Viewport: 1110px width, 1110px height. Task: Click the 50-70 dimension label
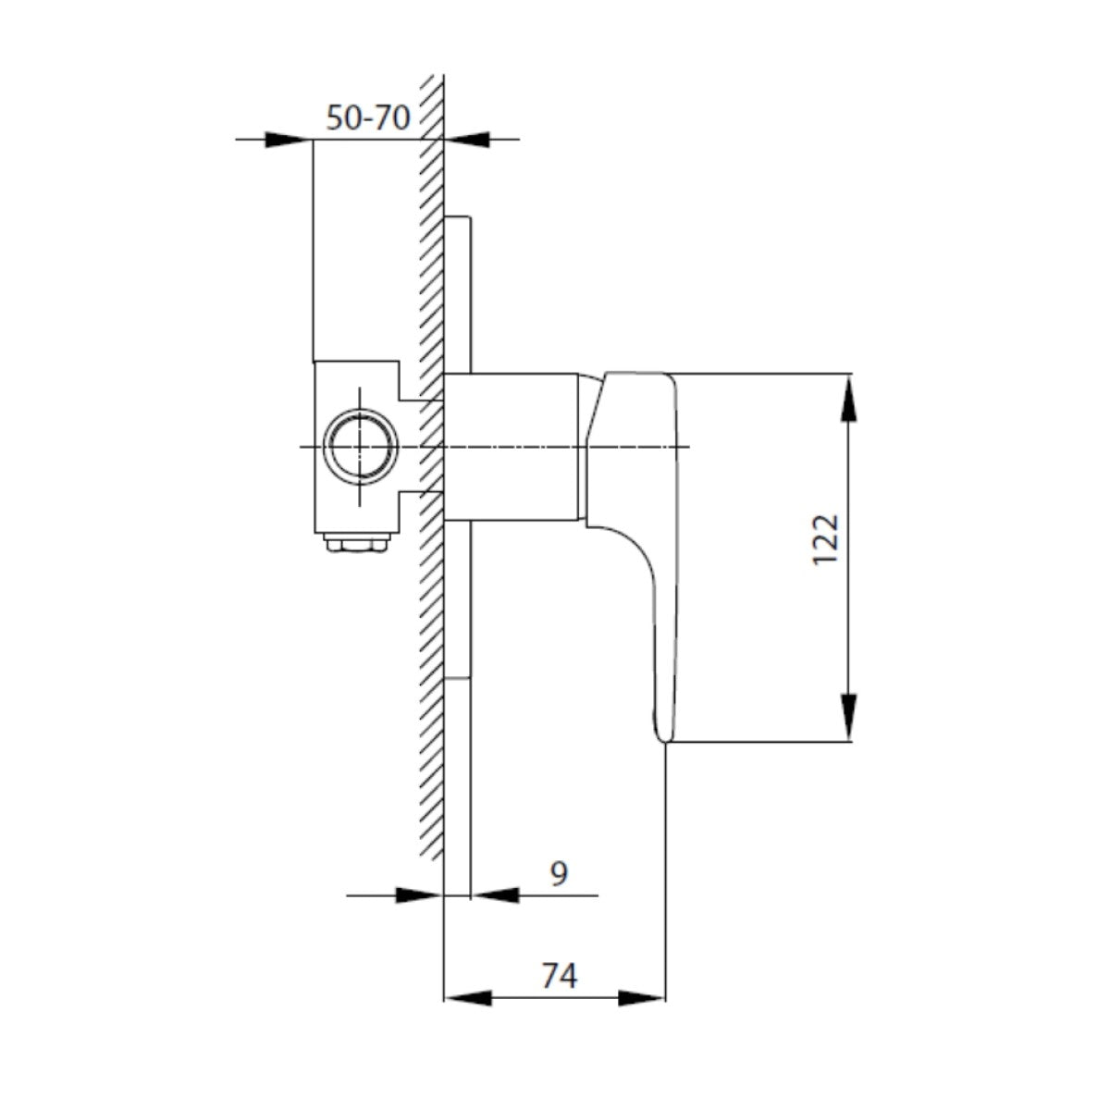(x=368, y=117)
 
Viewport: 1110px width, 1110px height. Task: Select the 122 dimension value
(x=825, y=539)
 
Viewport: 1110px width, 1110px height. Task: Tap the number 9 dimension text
(x=558, y=872)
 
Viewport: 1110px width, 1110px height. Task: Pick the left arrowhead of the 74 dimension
(x=467, y=998)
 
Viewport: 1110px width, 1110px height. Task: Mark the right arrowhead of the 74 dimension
(x=642, y=998)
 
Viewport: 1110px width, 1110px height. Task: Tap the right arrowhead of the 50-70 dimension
(x=468, y=140)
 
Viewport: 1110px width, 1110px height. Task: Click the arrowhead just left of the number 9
(x=496, y=895)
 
